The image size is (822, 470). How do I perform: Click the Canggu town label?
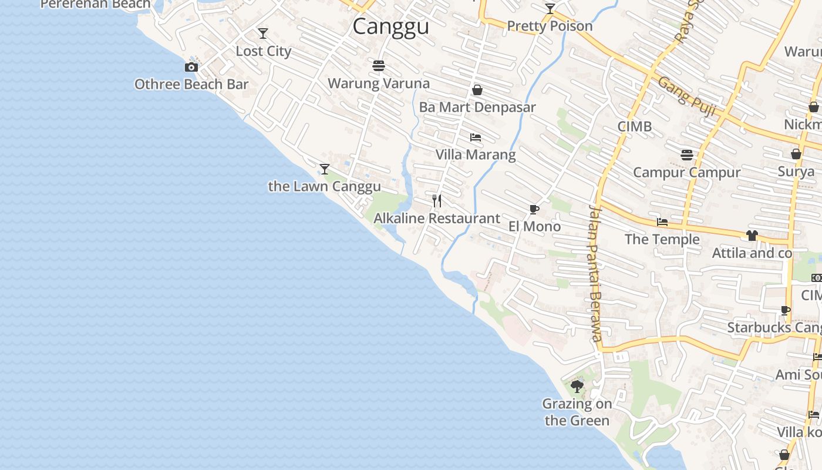[390, 26]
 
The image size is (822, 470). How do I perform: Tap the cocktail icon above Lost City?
[263, 33]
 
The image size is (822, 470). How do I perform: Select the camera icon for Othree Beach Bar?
[191, 68]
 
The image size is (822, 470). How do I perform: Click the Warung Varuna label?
[378, 83]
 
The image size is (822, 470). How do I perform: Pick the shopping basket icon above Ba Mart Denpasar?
[477, 90]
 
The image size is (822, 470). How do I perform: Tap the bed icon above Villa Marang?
[476, 137]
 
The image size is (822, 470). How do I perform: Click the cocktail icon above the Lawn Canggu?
[324, 169]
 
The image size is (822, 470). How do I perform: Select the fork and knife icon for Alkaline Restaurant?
[437, 201]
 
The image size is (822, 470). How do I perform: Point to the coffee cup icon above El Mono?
[534, 209]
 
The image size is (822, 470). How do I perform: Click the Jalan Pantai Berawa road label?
[596, 273]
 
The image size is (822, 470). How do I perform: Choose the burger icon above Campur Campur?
[687, 155]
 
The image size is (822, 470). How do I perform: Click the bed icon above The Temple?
[662, 222]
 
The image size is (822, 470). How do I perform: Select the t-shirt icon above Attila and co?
[752, 236]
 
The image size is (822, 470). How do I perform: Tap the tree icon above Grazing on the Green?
[577, 387]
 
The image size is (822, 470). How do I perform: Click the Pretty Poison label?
[550, 26]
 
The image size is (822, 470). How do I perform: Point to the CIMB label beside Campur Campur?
[635, 126]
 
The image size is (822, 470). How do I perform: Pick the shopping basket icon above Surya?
[796, 154]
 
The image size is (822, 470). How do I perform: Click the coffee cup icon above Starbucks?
[786, 310]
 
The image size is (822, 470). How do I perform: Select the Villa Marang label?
[476, 155]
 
